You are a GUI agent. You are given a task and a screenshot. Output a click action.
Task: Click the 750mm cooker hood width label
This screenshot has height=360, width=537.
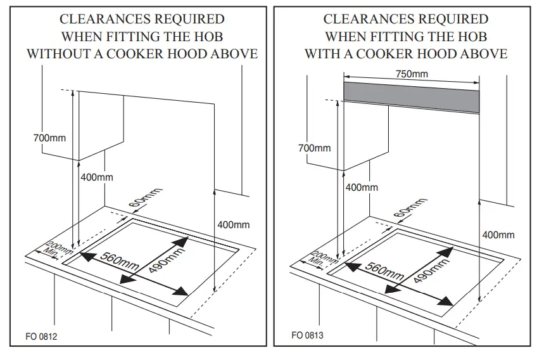click(412, 74)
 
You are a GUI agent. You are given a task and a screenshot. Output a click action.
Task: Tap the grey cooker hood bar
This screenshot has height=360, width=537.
click(412, 98)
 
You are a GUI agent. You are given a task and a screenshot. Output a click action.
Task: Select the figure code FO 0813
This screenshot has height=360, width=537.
click(307, 335)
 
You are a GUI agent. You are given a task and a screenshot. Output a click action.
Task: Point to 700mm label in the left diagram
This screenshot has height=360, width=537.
click(49, 138)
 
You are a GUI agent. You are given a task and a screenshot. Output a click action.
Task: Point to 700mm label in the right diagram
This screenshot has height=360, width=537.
click(315, 148)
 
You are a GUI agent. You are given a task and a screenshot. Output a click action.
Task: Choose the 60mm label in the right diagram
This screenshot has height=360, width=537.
click(409, 209)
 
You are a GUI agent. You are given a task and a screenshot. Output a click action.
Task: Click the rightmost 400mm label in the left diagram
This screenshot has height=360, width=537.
click(233, 224)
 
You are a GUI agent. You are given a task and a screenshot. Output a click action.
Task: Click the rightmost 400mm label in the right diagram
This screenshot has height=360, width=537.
click(498, 235)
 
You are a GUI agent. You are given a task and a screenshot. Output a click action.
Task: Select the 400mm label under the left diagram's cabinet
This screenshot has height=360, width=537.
click(97, 177)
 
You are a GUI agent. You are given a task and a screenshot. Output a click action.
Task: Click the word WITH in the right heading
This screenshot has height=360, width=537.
click(323, 54)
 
